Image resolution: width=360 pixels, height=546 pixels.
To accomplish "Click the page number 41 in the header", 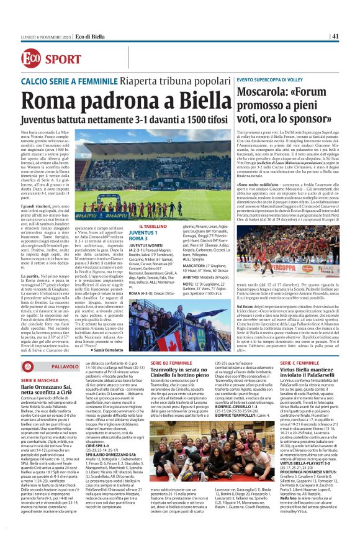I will (335, 36).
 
